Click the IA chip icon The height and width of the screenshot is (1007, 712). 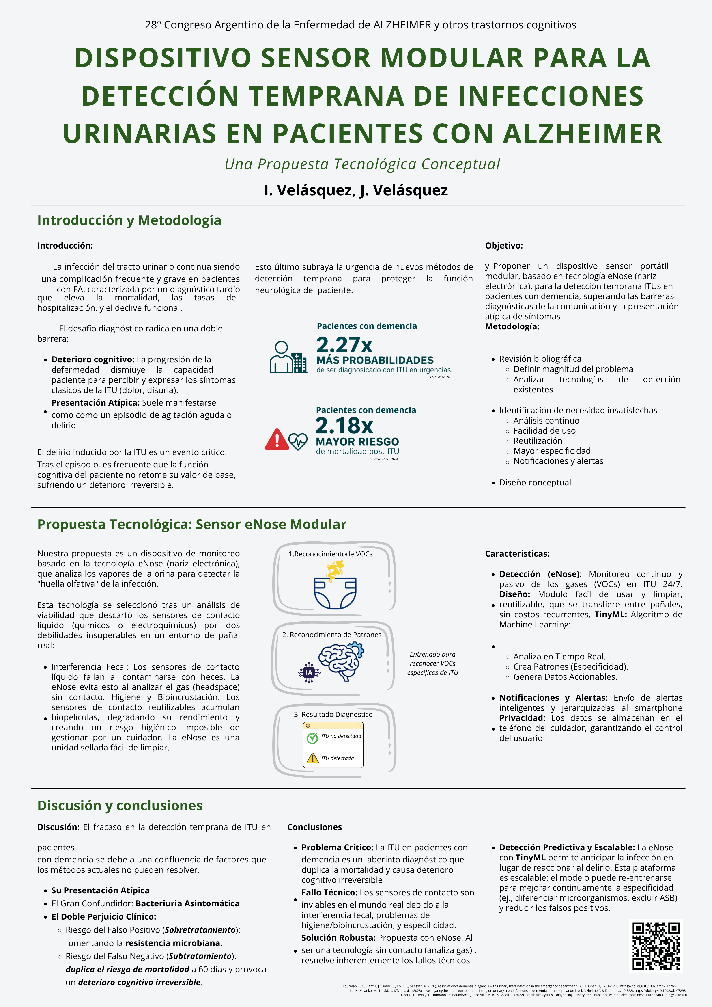309,672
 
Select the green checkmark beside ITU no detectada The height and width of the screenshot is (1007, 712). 312,738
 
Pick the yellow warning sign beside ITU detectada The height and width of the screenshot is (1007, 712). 312,758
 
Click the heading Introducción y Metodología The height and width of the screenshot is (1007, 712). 129,220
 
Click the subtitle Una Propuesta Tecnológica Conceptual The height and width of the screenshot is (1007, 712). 362,164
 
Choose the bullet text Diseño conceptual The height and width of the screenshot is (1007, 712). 535,482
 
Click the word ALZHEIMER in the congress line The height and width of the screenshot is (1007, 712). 402,25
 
